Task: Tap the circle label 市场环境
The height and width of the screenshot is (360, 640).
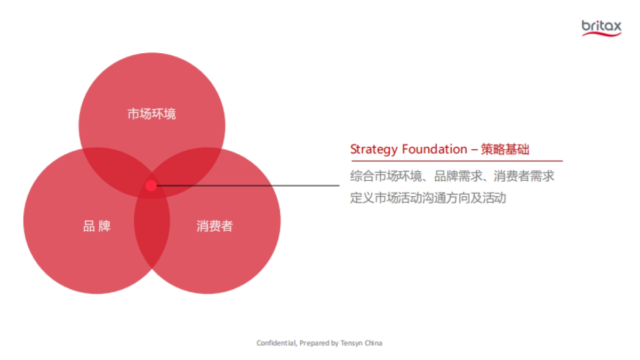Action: point(151,114)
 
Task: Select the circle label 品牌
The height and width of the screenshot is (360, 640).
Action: point(97,226)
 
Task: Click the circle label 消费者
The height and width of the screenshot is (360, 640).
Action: point(215,226)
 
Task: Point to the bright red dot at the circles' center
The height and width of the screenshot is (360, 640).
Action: point(151,186)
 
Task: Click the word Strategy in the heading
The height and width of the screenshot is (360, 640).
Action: point(374,149)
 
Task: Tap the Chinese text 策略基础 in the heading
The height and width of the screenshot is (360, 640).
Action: point(505,149)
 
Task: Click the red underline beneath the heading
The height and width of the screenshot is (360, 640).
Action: point(456,161)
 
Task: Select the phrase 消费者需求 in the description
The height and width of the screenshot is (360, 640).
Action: point(524,176)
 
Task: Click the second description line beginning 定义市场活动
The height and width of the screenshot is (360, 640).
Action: point(428,198)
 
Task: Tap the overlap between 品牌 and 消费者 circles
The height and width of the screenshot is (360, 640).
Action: point(152,235)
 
